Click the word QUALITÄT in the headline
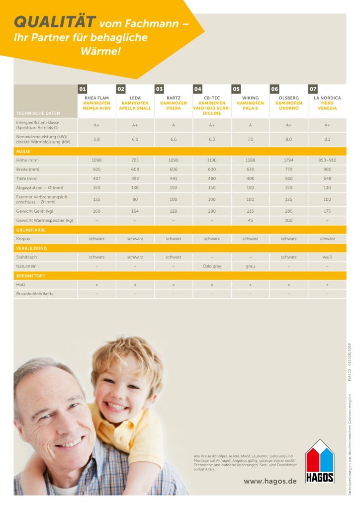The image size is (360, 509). pos(55,22)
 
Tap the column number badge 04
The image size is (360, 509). pos(198,89)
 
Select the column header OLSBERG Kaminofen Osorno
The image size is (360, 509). pos(288,103)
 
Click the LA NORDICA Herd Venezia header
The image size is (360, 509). pos(327,103)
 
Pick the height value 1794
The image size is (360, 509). pos(288,160)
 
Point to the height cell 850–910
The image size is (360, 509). pos(327,160)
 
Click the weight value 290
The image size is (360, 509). pos(212,211)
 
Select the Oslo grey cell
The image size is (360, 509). pos(212,266)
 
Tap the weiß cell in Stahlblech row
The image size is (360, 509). pos(327,257)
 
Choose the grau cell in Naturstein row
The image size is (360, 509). pos(250,266)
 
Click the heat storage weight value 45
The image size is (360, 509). pos(250,220)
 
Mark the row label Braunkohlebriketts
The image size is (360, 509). pos(35,294)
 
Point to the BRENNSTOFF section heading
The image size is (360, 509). pos(31,275)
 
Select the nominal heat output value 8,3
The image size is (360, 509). pos(327,139)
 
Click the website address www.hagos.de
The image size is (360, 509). pos(270,481)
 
